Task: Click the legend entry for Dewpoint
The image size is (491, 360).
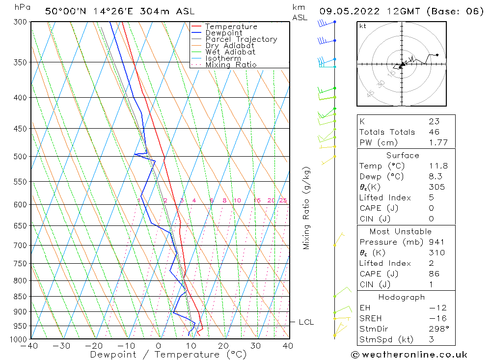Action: pyautogui.click(x=223, y=33)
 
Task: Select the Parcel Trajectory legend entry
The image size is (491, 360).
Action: pyautogui.click(x=241, y=39)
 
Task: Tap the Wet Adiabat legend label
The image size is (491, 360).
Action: pyautogui.click(x=230, y=52)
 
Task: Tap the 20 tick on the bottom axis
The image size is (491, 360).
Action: pyautogui.click(x=223, y=346)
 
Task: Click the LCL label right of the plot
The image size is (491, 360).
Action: pyautogui.click(x=306, y=322)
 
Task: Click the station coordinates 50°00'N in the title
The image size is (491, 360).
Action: pyautogui.click(x=64, y=11)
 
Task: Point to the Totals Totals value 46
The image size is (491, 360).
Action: pyautogui.click(x=434, y=132)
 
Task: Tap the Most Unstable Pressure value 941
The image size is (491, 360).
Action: pyautogui.click(x=436, y=242)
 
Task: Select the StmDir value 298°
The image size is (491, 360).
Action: pyautogui.click(x=438, y=329)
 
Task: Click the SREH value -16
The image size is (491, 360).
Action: pyautogui.click(x=437, y=318)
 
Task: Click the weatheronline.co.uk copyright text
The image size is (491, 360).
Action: pyautogui.click(x=409, y=355)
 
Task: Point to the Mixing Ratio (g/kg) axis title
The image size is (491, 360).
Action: pyautogui.click(x=307, y=208)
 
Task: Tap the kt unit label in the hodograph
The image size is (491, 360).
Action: pyautogui.click(x=363, y=26)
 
